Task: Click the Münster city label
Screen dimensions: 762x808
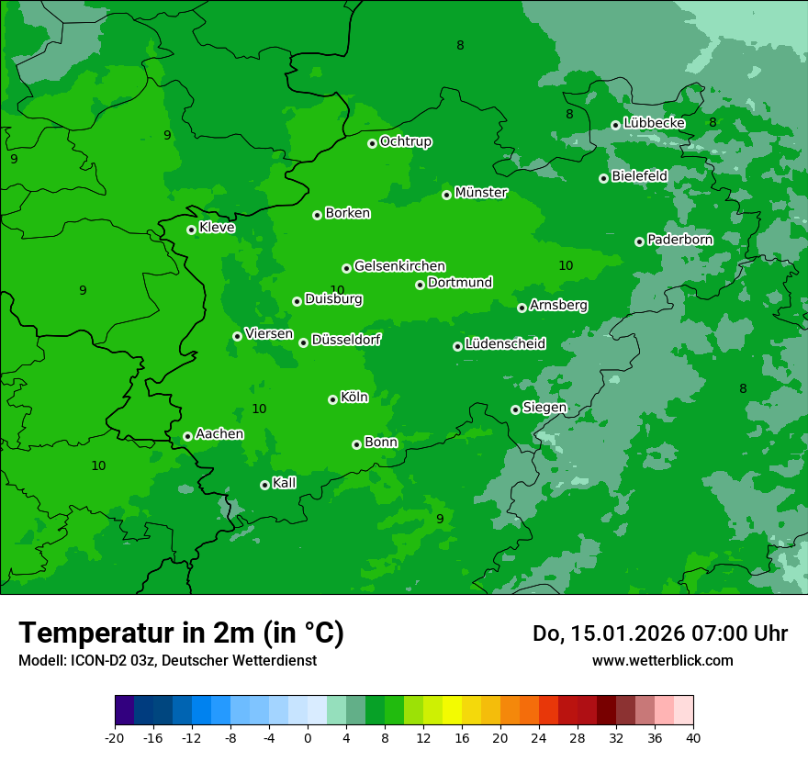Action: pos(481,193)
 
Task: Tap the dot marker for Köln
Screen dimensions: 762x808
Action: pos(332,399)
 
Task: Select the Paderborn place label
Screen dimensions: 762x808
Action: pos(679,240)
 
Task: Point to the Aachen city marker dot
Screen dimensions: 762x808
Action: pos(187,436)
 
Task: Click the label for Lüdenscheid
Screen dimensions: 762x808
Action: pos(505,344)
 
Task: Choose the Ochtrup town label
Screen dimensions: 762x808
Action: pos(406,141)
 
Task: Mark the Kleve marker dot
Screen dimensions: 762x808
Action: pos(191,230)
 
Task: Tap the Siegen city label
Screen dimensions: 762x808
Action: pos(544,408)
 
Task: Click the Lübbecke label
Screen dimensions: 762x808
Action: pos(654,123)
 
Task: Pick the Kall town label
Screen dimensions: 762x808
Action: pos(284,483)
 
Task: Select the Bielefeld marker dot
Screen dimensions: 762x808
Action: pos(603,178)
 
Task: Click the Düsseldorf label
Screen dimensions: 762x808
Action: pos(346,340)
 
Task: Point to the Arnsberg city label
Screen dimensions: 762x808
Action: pos(558,305)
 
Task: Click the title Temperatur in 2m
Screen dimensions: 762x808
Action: pos(181,633)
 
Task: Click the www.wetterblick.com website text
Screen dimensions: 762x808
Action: pos(662,660)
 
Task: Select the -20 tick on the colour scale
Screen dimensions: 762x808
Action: pos(115,737)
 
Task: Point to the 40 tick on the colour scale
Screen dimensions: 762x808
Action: pos(693,737)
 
